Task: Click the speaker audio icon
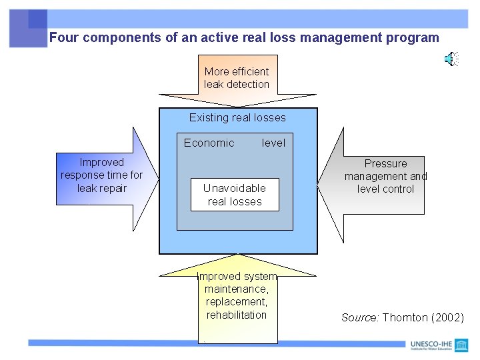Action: pos(451,59)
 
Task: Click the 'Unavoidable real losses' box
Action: pos(235,195)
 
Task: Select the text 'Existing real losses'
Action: pos(237,118)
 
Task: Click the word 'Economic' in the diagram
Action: pos(209,143)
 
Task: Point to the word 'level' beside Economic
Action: pos(273,143)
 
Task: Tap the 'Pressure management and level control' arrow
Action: pos(385,177)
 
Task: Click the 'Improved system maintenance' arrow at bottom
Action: pos(237,300)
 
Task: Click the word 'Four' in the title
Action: pos(64,38)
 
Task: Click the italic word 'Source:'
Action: pos(361,317)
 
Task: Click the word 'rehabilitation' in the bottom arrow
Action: pos(237,315)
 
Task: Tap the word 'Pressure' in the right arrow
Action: pos(385,163)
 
